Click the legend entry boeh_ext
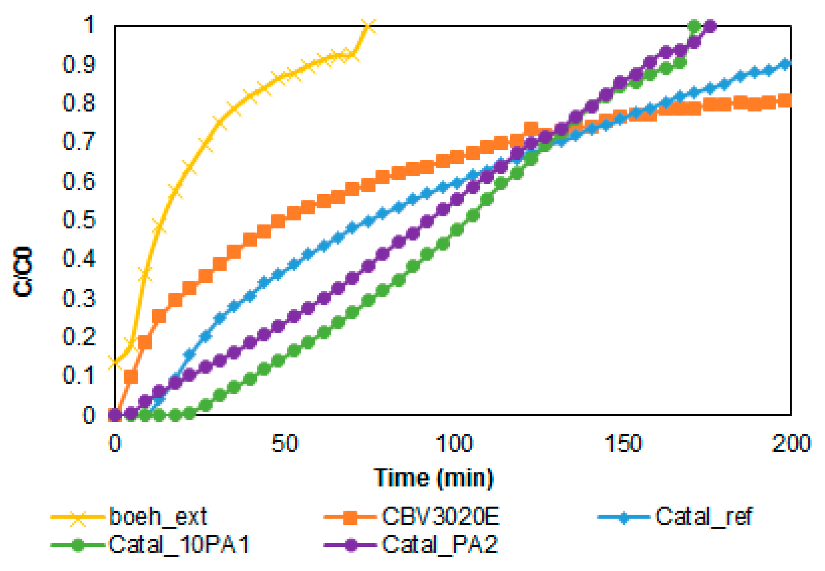tap(158, 516)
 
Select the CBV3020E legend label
tap(440, 516)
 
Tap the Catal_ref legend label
tap(703, 516)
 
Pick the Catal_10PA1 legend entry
tap(178, 545)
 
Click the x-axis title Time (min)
tap(434, 478)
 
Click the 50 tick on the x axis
tap(284, 444)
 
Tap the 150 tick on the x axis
tap(623, 444)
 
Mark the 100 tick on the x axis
tap(454, 444)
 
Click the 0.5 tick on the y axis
tap(79, 219)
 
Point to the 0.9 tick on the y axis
tap(79, 65)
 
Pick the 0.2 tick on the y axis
tap(79, 336)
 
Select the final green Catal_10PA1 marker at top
tap(694, 26)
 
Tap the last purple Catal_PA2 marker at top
tap(710, 26)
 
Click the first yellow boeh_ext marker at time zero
tap(115, 362)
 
